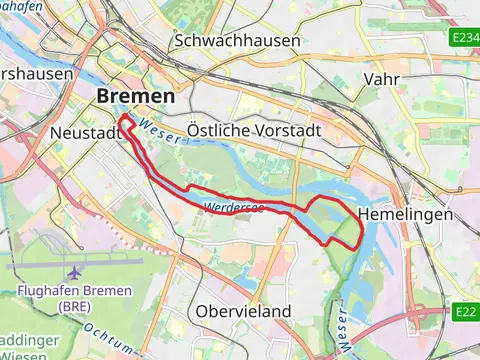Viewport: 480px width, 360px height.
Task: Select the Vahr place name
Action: click(x=383, y=79)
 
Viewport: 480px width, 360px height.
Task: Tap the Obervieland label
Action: click(x=244, y=310)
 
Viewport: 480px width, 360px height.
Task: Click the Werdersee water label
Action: click(x=232, y=208)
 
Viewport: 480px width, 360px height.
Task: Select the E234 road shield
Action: click(x=465, y=38)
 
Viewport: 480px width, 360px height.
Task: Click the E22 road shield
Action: click(x=466, y=312)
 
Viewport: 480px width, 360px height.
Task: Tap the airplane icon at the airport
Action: click(x=74, y=272)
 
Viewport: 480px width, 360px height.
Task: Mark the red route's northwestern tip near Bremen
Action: click(x=123, y=118)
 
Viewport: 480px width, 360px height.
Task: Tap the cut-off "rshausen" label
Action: click(x=36, y=73)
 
